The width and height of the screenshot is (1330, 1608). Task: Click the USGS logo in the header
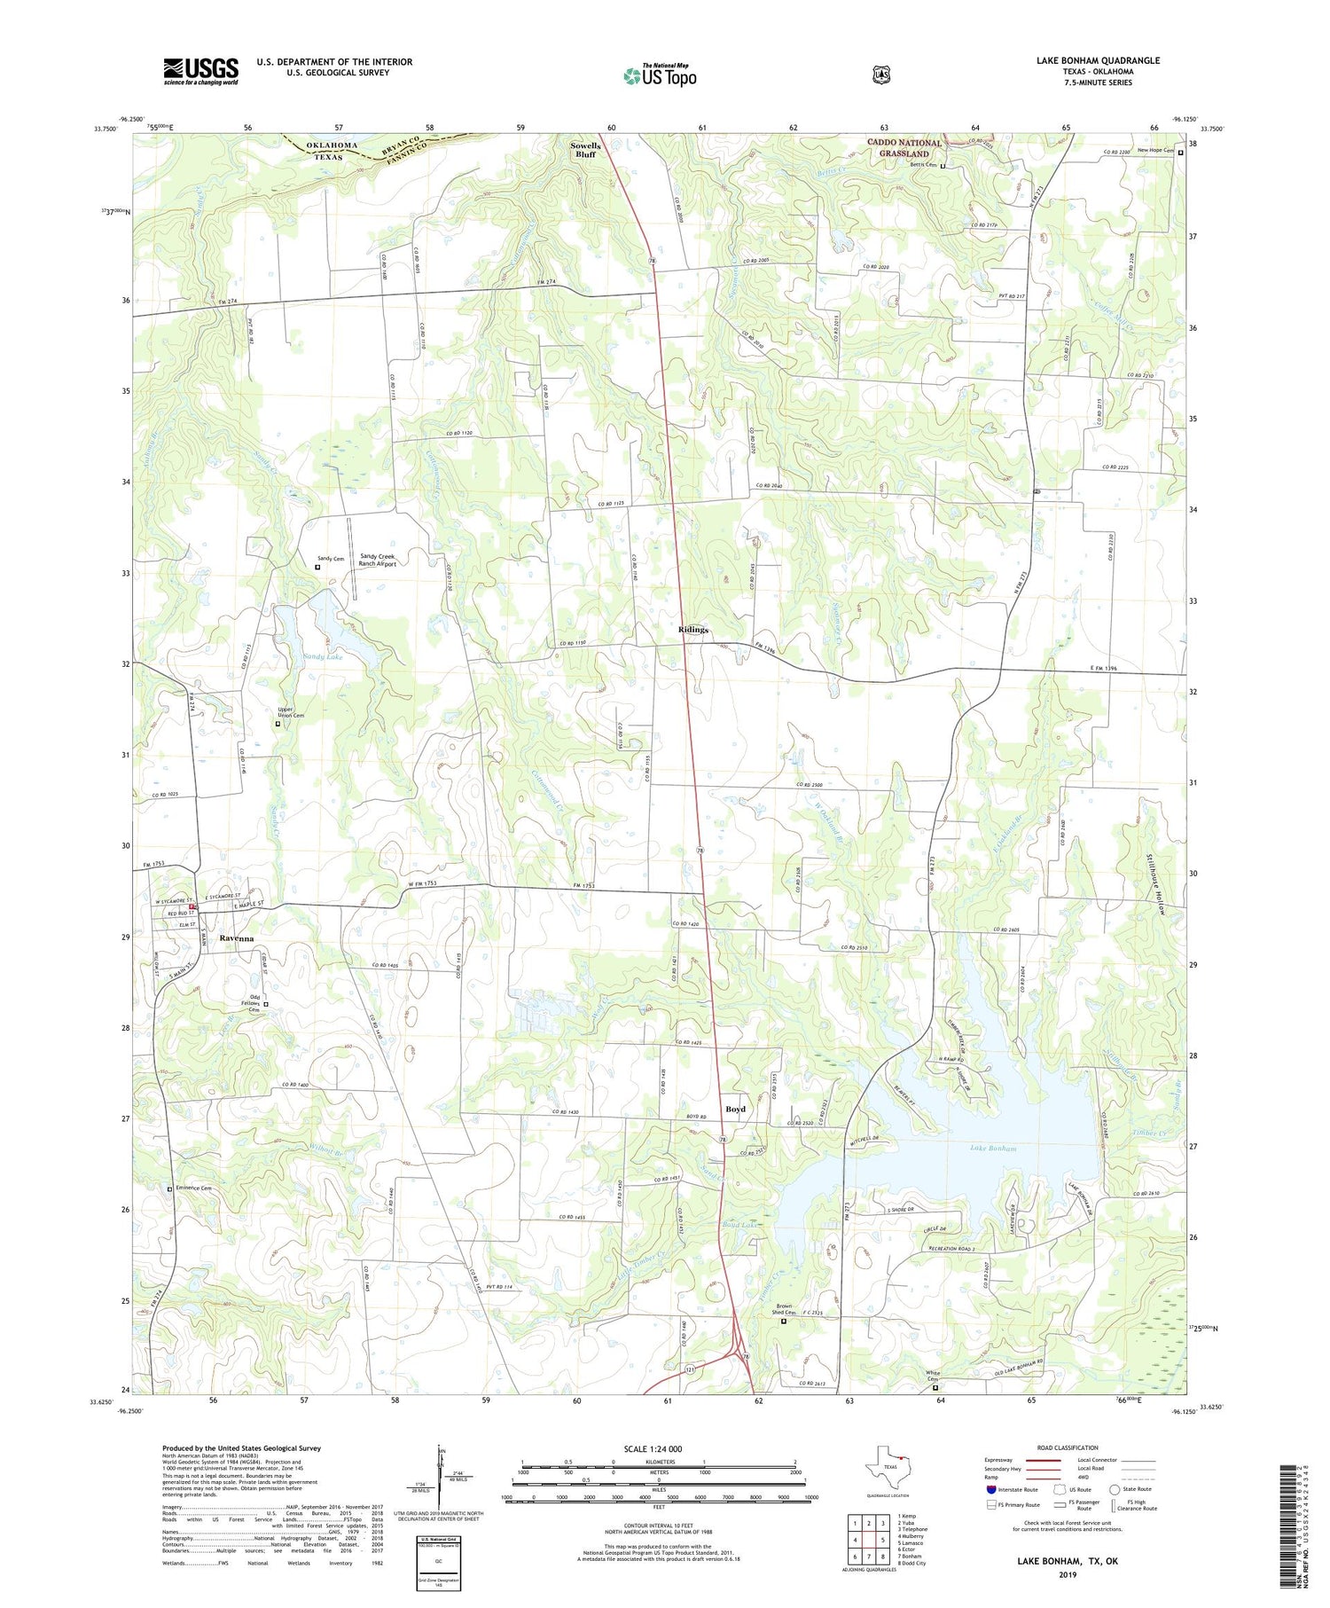point(200,71)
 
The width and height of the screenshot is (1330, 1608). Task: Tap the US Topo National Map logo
point(660,75)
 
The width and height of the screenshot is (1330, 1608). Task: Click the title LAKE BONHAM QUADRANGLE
point(1098,60)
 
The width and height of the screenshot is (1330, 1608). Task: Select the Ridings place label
point(692,630)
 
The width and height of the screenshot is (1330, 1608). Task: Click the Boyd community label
point(735,1110)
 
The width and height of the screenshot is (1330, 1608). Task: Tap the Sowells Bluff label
point(585,150)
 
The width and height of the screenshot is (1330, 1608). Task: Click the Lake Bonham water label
point(992,1149)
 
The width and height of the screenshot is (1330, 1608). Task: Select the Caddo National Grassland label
point(904,148)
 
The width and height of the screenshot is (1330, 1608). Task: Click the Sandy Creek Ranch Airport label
point(377,560)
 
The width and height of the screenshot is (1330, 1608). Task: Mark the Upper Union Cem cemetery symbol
point(278,724)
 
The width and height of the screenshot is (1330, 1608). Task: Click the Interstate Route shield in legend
point(991,1490)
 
